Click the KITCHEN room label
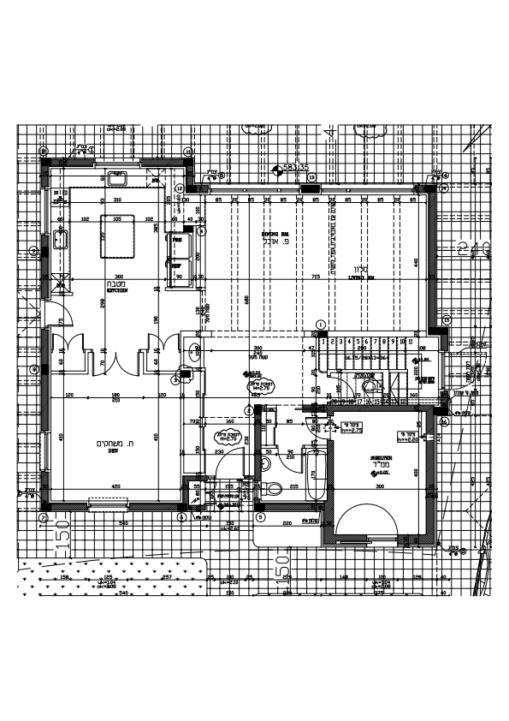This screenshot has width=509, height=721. pyautogui.click(x=117, y=291)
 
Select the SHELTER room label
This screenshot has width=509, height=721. pyautogui.click(x=381, y=458)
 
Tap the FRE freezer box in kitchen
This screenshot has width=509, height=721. pyautogui.click(x=178, y=241)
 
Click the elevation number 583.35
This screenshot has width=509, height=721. pyautogui.click(x=295, y=169)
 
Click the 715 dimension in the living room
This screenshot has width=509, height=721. pyautogui.click(x=315, y=277)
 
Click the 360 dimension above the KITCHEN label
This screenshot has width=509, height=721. pyautogui.click(x=117, y=277)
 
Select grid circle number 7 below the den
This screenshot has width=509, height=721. pyautogui.click(x=43, y=517)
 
